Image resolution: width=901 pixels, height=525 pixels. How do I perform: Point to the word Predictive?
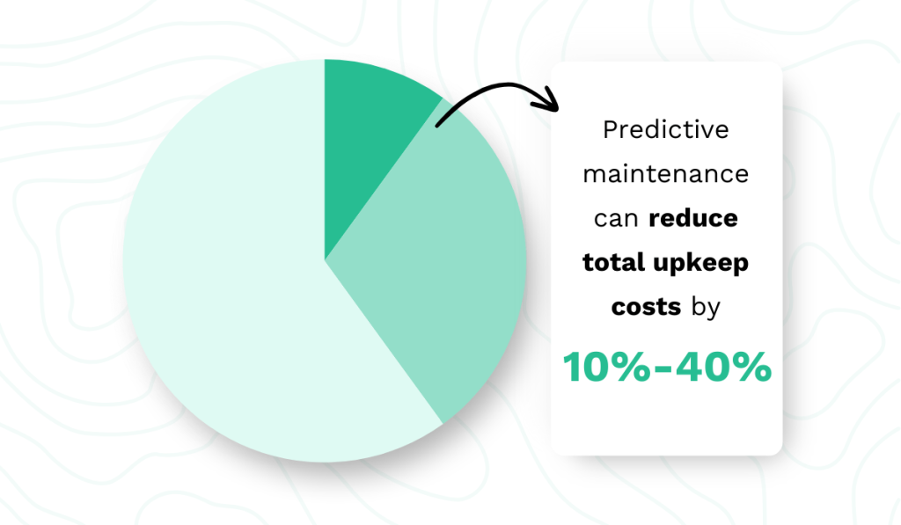(x=666, y=130)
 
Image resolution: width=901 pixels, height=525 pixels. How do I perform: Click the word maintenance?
(x=666, y=174)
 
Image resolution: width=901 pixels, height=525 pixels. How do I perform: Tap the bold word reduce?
(x=693, y=218)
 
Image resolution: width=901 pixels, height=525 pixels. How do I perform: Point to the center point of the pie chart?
(x=325, y=260)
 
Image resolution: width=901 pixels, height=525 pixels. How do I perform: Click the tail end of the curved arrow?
(x=437, y=126)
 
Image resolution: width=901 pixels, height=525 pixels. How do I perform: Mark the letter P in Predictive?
(x=611, y=130)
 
